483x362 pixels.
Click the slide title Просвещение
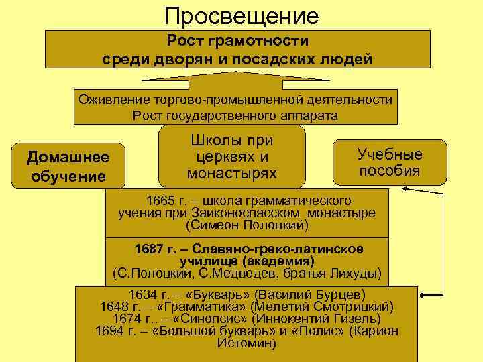(x=241, y=15)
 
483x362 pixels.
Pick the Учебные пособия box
(x=390, y=162)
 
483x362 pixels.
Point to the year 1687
(x=149, y=249)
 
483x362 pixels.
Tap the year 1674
(x=128, y=319)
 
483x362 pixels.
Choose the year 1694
(x=111, y=331)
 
